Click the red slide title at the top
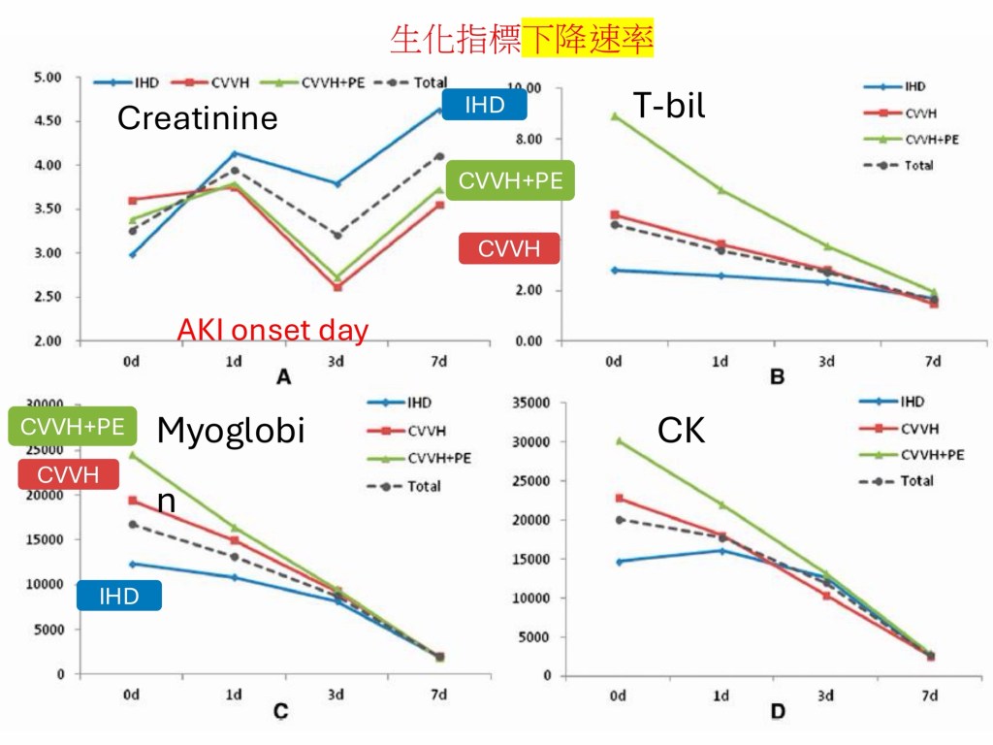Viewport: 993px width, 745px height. (x=521, y=38)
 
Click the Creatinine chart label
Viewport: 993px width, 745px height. (x=197, y=118)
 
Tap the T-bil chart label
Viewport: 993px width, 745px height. (x=669, y=105)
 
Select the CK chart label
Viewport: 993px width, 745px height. (x=681, y=431)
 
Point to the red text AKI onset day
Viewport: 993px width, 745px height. (x=272, y=331)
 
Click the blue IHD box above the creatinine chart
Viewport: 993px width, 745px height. (x=484, y=105)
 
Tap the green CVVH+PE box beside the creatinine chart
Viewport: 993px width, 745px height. (x=510, y=180)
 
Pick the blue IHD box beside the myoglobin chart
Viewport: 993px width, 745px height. (x=119, y=596)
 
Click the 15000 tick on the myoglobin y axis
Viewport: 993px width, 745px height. (x=46, y=539)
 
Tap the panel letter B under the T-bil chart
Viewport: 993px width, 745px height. (x=776, y=377)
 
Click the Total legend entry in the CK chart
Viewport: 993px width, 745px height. (x=916, y=481)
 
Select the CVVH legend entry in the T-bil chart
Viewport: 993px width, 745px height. (x=918, y=113)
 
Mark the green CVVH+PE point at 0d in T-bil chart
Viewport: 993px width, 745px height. (x=614, y=115)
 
